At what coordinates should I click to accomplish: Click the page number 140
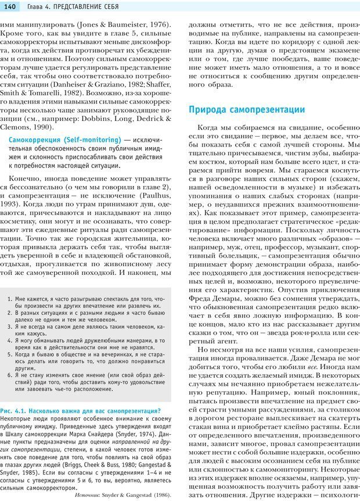10,6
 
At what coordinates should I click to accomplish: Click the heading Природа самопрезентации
247,109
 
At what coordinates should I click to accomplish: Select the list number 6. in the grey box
10,375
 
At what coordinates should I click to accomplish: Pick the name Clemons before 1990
17,127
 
